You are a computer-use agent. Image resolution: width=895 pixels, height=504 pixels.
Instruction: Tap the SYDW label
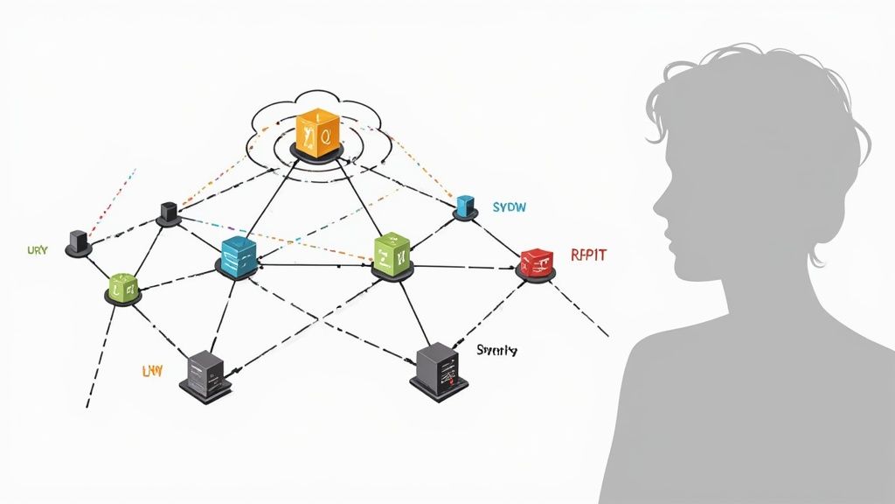509,207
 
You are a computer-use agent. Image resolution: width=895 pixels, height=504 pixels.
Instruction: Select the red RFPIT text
588,255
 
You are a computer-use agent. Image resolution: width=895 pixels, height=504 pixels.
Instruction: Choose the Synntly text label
496,350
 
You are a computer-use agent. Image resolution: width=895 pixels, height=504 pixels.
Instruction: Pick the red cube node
536,261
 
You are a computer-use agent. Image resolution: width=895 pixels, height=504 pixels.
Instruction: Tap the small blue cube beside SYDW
465,206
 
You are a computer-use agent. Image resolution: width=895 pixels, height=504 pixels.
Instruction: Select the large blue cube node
239,255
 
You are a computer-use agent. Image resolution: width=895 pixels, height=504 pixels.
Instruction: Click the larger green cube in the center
391,254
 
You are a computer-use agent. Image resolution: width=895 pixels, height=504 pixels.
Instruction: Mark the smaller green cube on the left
122,285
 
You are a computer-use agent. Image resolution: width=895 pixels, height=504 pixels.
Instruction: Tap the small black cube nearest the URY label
78,241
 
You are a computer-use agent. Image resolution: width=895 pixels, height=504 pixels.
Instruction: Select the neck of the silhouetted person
739,297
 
